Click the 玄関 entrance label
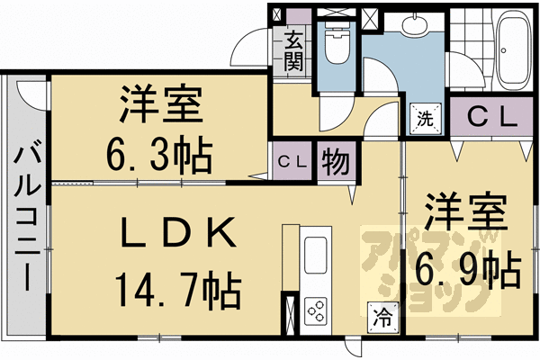[x=293, y=50]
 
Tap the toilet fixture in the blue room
[x=337, y=44]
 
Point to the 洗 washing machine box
[x=425, y=119]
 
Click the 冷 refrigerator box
[x=382, y=318]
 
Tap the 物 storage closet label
[x=336, y=161]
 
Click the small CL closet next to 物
[x=292, y=161]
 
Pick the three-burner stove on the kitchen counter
[x=316, y=310]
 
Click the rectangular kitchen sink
[x=315, y=256]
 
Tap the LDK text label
[x=178, y=232]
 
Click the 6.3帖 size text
[x=158, y=156]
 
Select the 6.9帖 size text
[x=467, y=269]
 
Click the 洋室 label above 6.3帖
[x=161, y=103]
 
